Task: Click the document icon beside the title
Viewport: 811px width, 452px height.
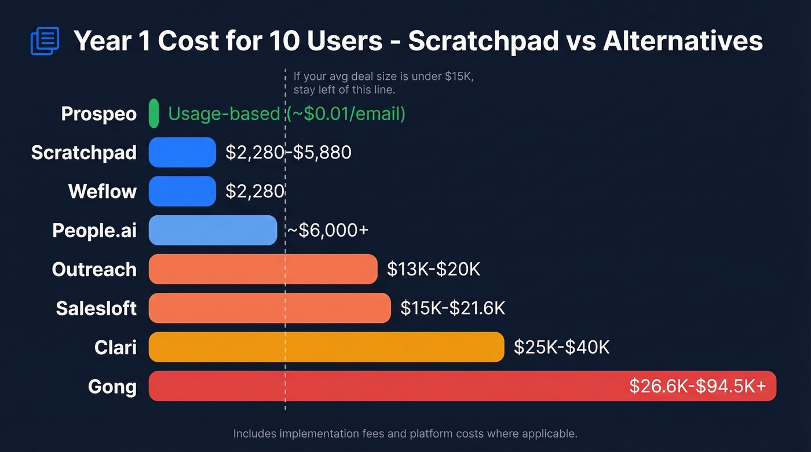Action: click(x=45, y=41)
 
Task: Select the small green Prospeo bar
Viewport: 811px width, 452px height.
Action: click(x=154, y=113)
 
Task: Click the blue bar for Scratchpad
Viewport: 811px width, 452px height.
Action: click(x=182, y=152)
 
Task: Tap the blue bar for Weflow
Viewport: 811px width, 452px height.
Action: click(x=182, y=191)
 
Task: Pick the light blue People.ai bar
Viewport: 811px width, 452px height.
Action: click(x=213, y=230)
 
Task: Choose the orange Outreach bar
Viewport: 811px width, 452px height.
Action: click(x=263, y=269)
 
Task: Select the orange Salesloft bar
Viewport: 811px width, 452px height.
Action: click(x=269, y=308)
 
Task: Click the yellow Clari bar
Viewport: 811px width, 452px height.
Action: click(x=326, y=347)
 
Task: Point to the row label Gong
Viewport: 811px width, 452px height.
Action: click(x=112, y=386)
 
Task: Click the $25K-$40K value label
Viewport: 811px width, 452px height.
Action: click(x=561, y=347)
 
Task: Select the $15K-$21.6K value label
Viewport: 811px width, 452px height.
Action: click(x=452, y=308)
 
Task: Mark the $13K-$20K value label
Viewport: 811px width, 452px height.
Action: click(x=433, y=269)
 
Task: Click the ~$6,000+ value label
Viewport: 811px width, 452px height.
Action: click(x=327, y=230)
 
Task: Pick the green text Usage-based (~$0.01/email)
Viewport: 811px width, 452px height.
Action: click(x=287, y=113)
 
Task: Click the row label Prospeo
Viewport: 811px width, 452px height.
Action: click(x=99, y=113)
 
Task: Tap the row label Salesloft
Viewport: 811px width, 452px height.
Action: click(x=96, y=308)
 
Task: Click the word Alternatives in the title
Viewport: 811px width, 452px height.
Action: click(x=682, y=41)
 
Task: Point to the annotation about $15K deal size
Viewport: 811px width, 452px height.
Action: click(x=383, y=83)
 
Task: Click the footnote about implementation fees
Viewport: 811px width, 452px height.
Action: click(x=405, y=433)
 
